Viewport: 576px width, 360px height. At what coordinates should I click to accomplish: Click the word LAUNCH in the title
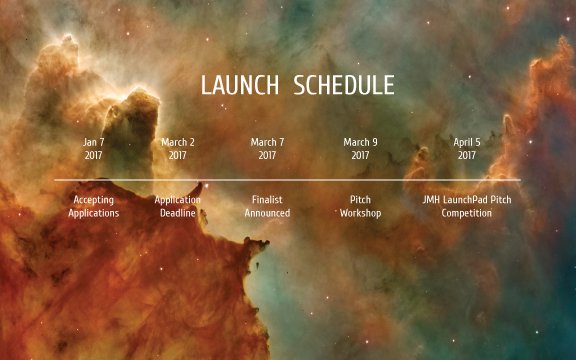click(x=242, y=85)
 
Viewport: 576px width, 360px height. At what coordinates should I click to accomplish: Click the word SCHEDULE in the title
click(x=345, y=85)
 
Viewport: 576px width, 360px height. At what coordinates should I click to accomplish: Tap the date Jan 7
click(x=93, y=142)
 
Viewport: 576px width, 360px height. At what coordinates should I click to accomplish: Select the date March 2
click(x=178, y=142)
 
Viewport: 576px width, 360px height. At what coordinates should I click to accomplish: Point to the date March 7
click(x=267, y=142)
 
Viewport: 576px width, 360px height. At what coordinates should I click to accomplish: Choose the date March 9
click(x=360, y=142)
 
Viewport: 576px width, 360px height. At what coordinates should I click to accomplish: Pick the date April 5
click(x=466, y=142)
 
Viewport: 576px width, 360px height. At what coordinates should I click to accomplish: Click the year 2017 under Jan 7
click(x=93, y=155)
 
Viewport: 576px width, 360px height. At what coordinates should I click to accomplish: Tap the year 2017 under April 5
click(x=466, y=155)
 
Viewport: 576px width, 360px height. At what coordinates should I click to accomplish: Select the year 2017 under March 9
click(x=360, y=155)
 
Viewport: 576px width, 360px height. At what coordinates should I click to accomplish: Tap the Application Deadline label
click(x=178, y=206)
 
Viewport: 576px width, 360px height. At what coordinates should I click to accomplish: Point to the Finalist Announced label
click(x=267, y=206)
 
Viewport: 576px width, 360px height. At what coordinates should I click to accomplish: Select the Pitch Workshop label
click(x=360, y=206)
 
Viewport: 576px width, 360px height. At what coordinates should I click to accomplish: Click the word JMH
click(x=432, y=200)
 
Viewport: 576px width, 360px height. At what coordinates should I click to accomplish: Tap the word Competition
click(x=466, y=213)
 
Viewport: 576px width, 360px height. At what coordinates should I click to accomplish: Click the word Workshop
click(x=360, y=213)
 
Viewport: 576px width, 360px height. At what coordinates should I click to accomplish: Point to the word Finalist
click(x=267, y=200)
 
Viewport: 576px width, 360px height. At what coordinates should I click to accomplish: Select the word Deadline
click(x=178, y=213)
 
